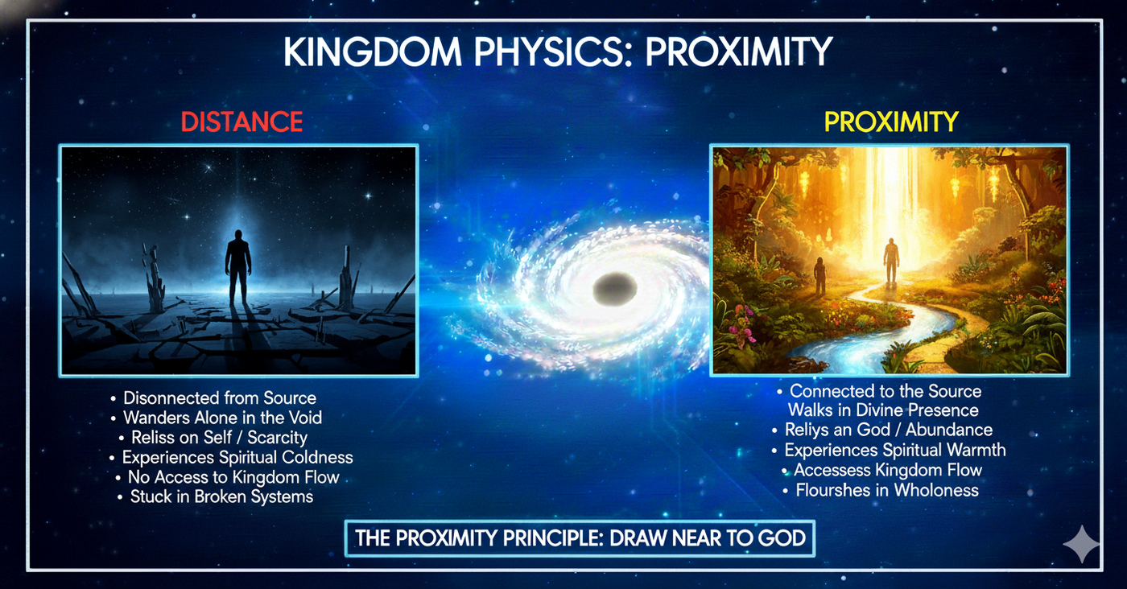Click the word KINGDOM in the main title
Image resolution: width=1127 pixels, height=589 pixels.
click(373, 51)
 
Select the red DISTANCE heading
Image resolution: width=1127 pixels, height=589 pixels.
click(242, 122)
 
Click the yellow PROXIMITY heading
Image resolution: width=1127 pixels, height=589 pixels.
click(891, 122)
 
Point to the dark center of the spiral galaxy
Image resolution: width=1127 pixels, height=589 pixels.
click(615, 289)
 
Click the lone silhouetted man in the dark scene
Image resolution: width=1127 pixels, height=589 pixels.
click(238, 268)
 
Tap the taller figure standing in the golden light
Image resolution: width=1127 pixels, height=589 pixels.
click(892, 261)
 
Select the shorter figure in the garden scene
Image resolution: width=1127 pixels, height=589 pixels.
click(820, 276)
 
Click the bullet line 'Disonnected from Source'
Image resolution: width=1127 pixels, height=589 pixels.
click(213, 397)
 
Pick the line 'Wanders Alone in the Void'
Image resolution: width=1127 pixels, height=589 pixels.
click(217, 418)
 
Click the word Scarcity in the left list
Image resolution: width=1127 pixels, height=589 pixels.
click(277, 438)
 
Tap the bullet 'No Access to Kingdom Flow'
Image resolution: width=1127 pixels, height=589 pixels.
click(227, 477)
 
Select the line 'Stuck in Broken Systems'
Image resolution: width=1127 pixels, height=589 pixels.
click(216, 496)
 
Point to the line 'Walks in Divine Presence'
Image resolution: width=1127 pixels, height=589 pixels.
click(883, 410)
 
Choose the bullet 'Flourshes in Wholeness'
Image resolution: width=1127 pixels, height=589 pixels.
click(881, 490)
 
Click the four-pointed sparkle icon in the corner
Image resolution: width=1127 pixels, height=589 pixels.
click(1081, 544)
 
